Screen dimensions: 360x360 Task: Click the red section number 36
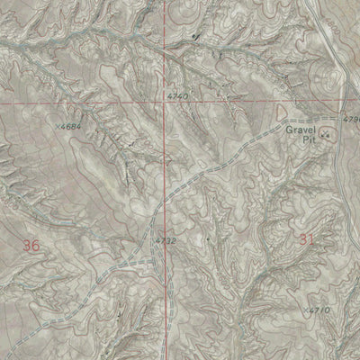pos(31,245)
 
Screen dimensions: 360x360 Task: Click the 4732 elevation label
pos(166,240)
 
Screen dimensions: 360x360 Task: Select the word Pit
pos(309,139)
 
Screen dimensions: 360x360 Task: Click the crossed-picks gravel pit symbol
pos(325,135)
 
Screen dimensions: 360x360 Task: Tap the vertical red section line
pos(166,45)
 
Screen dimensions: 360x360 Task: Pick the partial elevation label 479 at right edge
pos(351,118)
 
